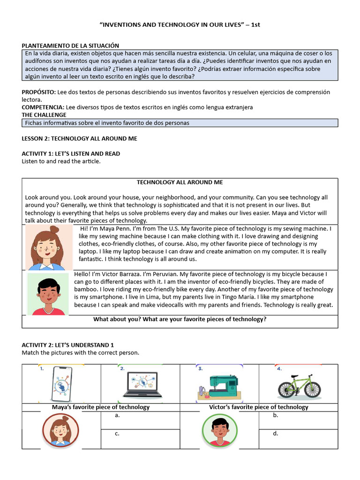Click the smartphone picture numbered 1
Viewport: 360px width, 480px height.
pyautogui.click(x=61, y=383)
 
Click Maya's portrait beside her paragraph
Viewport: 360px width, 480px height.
pyautogui.click(x=49, y=247)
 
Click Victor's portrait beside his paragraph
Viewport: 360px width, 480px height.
pyautogui.click(x=48, y=294)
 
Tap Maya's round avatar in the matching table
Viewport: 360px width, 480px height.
pyautogui.click(x=60, y=430)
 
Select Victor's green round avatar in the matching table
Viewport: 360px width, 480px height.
pyautogui.click(x=219, y=430)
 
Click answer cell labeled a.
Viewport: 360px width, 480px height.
pyautogui.click(x=140, y=420)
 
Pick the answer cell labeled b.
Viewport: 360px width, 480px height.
pyautogui.click(x=298, y=420)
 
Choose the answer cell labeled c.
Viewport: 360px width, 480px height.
pyautogui.click(x=140, y=439)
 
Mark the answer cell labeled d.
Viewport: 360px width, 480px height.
pyautogui.click(x=298, y=439)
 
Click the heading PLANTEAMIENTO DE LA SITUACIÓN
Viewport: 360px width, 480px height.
pyautogui.click(x=70, y=45)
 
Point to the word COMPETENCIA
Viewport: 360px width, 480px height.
pyautogui.click(x=43, y=107)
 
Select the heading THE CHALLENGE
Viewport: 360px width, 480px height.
pyautogui.click(x=44, y=115)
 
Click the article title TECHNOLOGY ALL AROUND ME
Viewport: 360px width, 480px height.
pyautogui.click(x=180, y=182)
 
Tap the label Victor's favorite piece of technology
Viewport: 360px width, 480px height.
pyautogui.click(x=258, y=407)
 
